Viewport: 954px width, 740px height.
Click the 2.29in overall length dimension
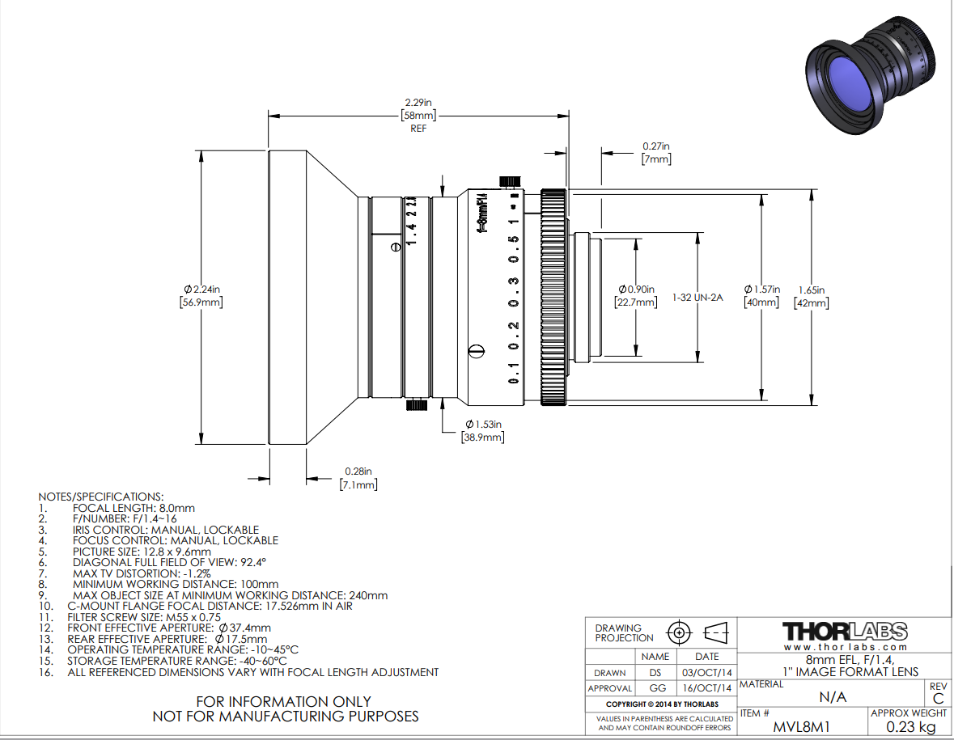(x=418, y=115)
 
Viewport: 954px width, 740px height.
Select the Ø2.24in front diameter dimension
(x=201, y=295)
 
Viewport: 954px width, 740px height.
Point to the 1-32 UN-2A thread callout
(x=697, y=298)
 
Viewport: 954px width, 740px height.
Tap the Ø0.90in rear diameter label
(x=636, y=295)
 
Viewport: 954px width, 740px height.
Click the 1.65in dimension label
(x=812, y=297)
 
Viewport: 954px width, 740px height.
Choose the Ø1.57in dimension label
(x=761, y=295)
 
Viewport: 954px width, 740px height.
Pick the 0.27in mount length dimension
(x=656, y=153)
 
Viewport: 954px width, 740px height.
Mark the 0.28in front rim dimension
(x=358, y=478)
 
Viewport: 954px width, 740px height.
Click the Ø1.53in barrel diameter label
(x=483, y=430)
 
